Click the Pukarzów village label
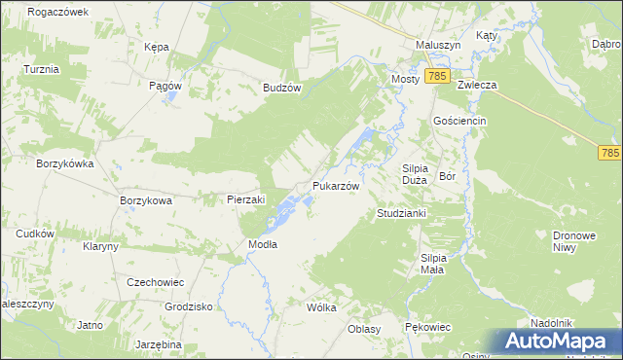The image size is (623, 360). [x=336, y=186]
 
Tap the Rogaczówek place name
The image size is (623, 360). [x=58, y=12]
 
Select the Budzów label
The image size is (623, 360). [x=282, y=87]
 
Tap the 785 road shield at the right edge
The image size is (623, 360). [x=610, y=154]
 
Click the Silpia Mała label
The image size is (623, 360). [x=432, y=264]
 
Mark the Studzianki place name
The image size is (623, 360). [x=396, y=213]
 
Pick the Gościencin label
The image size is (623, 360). [x=459, y=120]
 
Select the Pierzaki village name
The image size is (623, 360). [x=245, y=199]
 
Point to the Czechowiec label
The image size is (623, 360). [x=156, y=281]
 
